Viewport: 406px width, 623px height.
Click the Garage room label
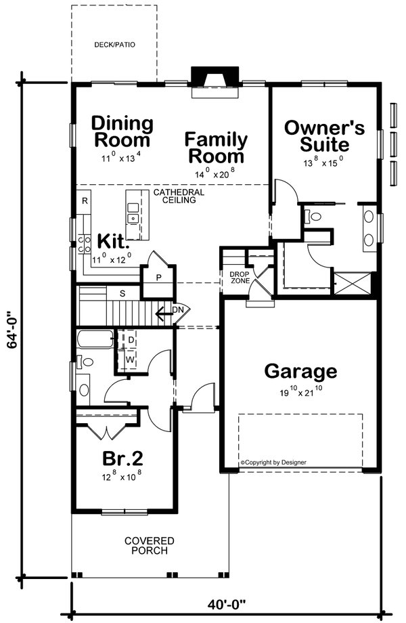pos(300,371)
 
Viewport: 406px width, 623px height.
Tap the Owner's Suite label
pos(325,135)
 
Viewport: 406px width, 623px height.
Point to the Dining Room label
pos(122,131)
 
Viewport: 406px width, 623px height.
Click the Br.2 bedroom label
pos(122,458)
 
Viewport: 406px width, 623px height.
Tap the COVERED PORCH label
pos(150,546)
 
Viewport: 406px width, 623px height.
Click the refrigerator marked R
pos(85,201)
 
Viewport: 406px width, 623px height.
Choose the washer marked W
pos(131,358)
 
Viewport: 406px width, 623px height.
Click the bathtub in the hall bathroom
pos(95,339)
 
